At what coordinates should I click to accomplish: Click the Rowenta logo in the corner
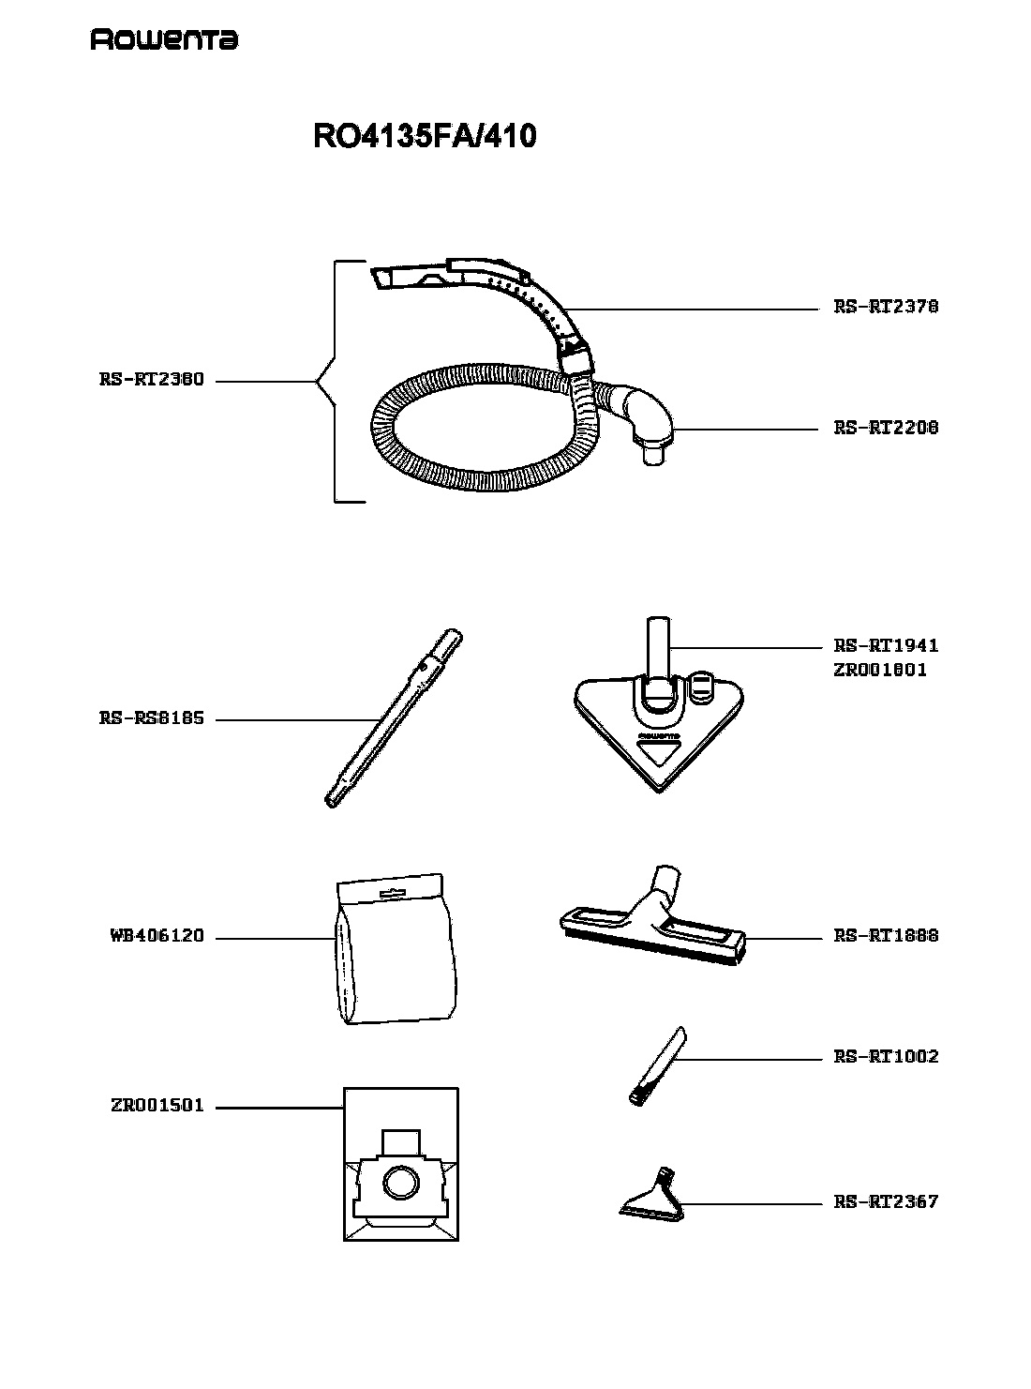pos(164,40)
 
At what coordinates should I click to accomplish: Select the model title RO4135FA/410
pos(425,136)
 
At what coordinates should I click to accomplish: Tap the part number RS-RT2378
pos(885,307)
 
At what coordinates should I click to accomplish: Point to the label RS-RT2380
pos(152,380)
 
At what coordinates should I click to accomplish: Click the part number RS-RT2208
pos(885,428)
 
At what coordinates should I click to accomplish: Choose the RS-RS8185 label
pos(152,718)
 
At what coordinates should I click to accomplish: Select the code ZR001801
pos(879,670)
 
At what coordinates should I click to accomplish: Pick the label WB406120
pos(157,936)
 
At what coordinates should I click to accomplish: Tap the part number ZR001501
pos(157,1106)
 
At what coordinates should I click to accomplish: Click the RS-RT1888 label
pos(885,936)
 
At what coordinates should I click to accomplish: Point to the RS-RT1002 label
pos(885,1057)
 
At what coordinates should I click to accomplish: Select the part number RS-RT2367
pos(885,1202)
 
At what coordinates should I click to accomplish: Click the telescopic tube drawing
pos(395,718)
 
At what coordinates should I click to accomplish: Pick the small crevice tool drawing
pos(657,1066)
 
